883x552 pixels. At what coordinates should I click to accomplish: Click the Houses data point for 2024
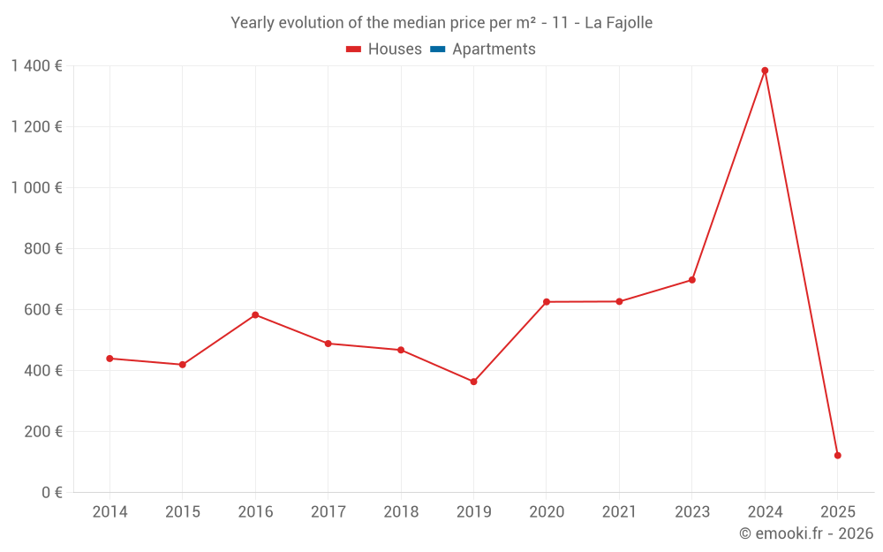[765, 71]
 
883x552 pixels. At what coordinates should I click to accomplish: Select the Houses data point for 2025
[837, 456]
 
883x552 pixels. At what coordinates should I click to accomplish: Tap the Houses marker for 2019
[473, 382]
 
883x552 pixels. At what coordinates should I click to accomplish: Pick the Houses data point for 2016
[255, 314]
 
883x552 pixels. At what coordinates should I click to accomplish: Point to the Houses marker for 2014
[109, 359]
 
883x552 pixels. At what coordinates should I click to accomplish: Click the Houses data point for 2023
[691, 280]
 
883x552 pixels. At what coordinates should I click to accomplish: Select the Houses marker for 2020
[547, 302]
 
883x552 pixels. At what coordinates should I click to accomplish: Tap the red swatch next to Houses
[354, 49]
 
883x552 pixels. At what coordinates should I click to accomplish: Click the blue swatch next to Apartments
[438, 49]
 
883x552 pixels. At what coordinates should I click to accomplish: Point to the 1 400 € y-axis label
[36, 65]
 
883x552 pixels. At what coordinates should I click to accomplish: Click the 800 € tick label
[43, 249]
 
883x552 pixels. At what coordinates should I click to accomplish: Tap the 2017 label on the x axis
[328, 512]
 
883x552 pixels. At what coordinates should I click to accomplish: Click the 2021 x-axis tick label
[619, 512]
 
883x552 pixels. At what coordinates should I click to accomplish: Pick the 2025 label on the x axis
[837, 512]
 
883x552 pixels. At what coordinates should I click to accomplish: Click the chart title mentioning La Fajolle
[441, 23]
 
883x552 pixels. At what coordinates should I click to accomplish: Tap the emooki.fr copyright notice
[806, 533]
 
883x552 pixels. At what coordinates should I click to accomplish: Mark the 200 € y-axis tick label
[43, 432]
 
